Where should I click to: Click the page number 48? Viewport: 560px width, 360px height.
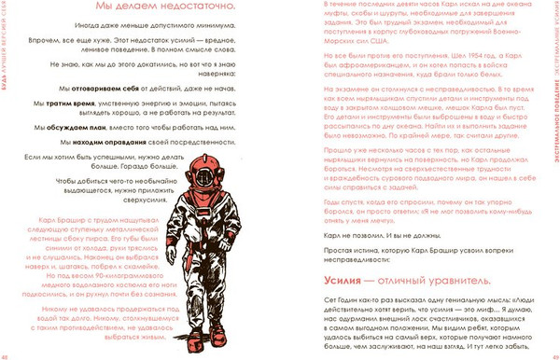6,355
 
